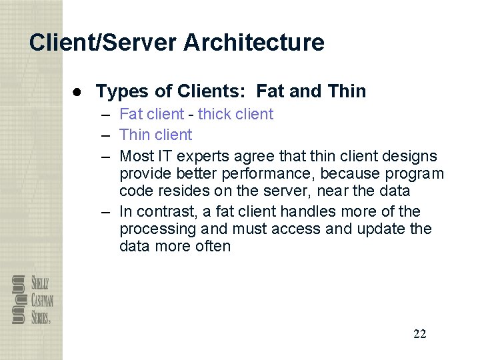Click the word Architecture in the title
tap(254, 43)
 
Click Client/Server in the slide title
tap(103, 43)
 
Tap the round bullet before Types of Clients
tap(77, 91)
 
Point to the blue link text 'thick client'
tap(235, 114)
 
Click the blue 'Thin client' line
tap(155, 135)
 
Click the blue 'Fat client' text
tap(150, 114)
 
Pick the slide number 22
tap(419, 334)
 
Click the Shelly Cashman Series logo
tap(32, 299)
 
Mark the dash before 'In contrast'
tap(106, 212)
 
